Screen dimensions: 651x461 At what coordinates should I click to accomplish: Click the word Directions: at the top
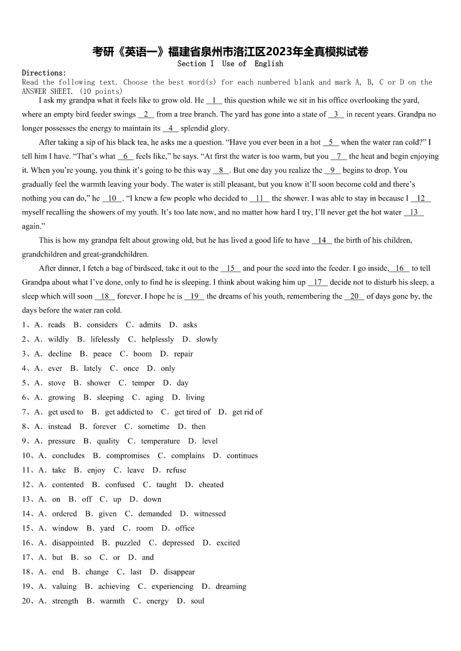[x=44, y=73]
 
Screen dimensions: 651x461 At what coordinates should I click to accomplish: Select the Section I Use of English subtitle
[x=230, y=64]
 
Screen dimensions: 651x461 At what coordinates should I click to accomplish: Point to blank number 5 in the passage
[x=330, y=142]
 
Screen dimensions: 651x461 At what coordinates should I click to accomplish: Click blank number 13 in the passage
[x=413, y=212]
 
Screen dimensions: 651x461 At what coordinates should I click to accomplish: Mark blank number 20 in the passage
[x=354, y=296]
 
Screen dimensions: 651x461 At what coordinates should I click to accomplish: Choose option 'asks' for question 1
[x=190, y=325]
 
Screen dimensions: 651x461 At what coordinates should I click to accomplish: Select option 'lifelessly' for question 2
[x=105, y=340]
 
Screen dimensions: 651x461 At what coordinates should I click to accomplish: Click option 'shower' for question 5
[x=99, y=383]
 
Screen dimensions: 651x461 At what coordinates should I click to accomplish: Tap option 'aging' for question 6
[x=154, y=398]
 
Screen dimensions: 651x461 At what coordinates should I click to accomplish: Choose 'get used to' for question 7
[x=66, y=412]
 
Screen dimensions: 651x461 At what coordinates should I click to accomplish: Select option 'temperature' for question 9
[x=160, y=441]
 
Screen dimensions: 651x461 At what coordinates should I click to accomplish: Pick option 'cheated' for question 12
[x=211, y=485]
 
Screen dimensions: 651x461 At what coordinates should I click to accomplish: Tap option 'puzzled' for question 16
[x=128, y=543]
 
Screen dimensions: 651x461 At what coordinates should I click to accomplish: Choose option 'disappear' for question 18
[x=179, y=572]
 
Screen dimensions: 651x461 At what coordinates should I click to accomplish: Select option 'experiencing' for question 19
[x=172, y=587]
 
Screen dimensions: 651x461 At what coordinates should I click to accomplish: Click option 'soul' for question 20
[x=197, y=601]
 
